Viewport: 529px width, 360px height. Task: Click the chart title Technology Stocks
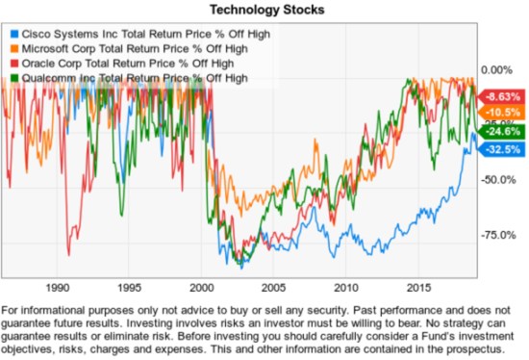(x=264, y=10)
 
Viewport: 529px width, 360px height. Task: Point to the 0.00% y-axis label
(x=495, y=70)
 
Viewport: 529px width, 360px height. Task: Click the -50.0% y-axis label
(x=496, y=180)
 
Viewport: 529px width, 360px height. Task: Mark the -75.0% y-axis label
(x=496, y=235)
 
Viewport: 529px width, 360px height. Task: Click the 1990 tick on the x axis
(x=58, y=287)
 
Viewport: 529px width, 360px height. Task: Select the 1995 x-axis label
(x=130, y=287)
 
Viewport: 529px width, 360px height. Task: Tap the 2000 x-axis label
(x=202, y=287)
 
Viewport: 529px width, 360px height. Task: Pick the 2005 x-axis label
(x=274, y=287)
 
